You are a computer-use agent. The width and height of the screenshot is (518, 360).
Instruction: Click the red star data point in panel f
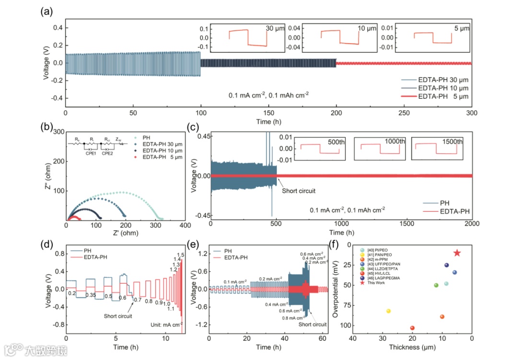coord(457,253)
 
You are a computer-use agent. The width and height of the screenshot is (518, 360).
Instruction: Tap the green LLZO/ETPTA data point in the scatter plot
coord(436,285)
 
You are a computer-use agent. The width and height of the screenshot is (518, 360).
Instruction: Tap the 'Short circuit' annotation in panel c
coord(299,191)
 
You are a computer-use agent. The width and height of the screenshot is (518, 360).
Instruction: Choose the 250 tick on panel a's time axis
coord(404,113)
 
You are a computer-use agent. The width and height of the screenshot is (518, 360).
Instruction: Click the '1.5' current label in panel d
coord(181,255)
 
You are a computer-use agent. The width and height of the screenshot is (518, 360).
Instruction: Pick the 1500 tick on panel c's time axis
coord(407,223)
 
